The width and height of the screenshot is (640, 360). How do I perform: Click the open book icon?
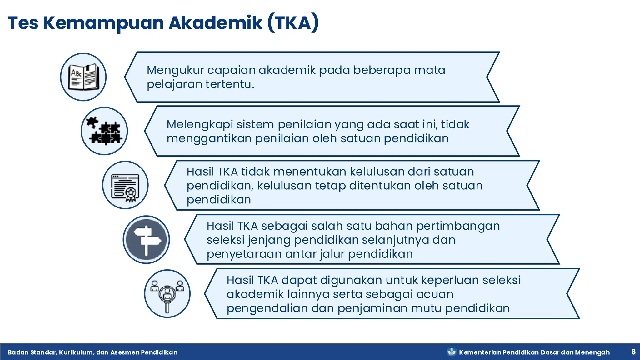pos(83,77)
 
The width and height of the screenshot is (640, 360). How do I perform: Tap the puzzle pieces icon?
pos(104,131)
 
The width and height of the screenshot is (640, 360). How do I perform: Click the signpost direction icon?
pos(146,240)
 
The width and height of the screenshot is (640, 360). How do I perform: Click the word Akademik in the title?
pos(216,23)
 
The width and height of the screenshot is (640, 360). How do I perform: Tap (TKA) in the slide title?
pos(293,23)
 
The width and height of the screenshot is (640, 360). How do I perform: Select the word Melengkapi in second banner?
pos(200,124)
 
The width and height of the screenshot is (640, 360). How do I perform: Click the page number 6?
pos(633,352)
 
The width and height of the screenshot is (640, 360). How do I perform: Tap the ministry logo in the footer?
pos(451,352)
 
